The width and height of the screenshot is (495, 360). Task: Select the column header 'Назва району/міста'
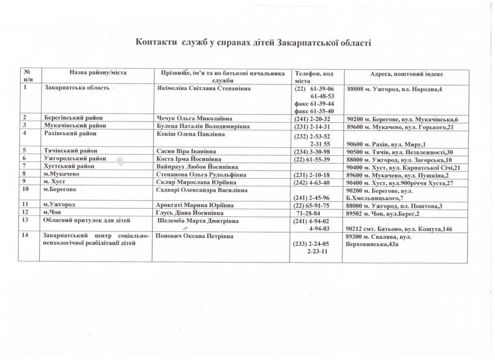click(98, 73)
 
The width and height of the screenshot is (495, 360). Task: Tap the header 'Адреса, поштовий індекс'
click(407, 74)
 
